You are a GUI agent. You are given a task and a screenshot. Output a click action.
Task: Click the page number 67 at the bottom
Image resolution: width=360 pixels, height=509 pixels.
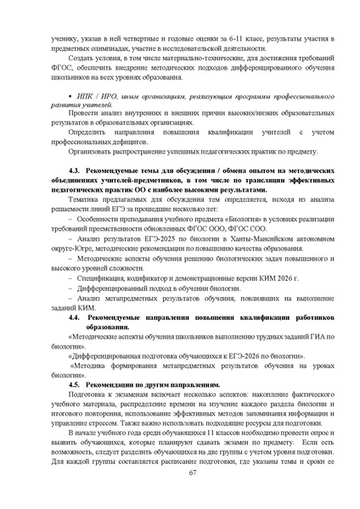[180, 484]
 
